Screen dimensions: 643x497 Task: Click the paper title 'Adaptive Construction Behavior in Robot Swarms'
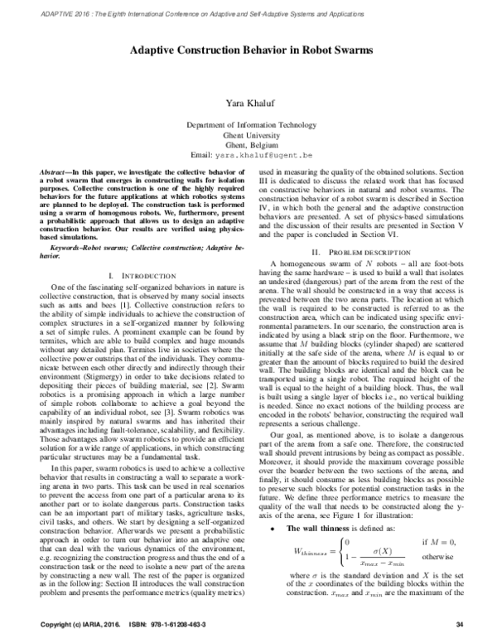click(x=249, y=51)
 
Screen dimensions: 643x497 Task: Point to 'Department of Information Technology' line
click(x=249, y=123)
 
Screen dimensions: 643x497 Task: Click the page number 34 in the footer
click(x=470, y=623)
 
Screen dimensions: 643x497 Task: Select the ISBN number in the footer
click(x=174, y=623)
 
